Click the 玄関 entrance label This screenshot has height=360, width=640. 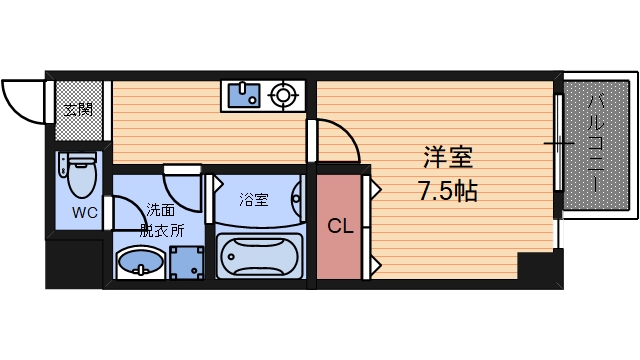[x=77, y=109]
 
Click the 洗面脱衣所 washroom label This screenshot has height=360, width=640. [x=161, y=219]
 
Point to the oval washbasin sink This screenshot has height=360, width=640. [x=139, y=264]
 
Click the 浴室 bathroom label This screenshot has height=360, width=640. [x=253, y=200]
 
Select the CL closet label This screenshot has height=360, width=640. [x=340, y=227]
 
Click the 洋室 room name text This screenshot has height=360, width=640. [x=447, y=158]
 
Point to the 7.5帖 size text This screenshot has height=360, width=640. [x=447, y=190]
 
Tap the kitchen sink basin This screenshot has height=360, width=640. [x=243, y=96]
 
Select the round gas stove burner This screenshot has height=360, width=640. [x=284, y=96]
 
